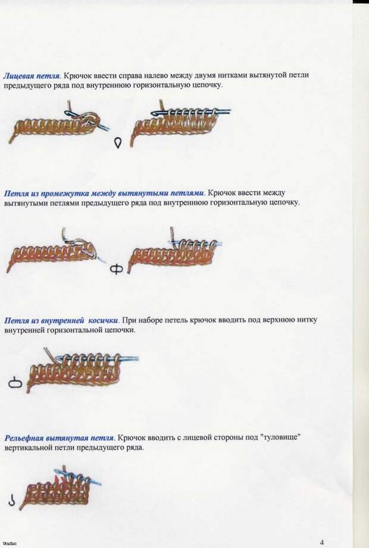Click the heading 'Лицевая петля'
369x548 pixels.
[32, 76]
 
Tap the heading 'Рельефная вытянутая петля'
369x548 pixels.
[59, 438]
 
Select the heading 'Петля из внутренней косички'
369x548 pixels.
[62, 320]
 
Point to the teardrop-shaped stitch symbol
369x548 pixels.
[118, 143]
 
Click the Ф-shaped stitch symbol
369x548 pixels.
[117, 269]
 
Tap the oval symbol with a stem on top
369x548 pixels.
[15, 383]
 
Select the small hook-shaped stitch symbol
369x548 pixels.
[12, 500]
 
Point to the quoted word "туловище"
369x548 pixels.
[281, 437]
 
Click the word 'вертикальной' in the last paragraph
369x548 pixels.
[26, 448]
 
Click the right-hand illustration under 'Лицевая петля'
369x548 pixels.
[181, 124]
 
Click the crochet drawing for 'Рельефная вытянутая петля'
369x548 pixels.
[60, 487]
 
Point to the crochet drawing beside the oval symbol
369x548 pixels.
[83, 370]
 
